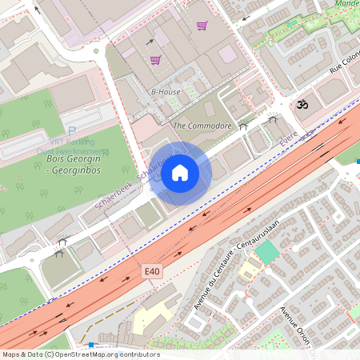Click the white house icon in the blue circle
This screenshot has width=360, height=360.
coord(180,173)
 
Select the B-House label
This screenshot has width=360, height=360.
coord(166,92)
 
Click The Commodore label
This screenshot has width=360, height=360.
coord(202,126)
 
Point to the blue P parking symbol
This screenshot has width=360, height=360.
coord(72,132)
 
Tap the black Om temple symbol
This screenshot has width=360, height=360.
coord(302,104)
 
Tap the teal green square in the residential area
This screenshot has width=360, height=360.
coord(266,251)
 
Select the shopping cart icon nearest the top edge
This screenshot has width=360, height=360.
coord(202,26)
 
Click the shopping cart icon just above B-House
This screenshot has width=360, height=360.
coord(155,60)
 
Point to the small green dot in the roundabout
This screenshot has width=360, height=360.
coord(96,52)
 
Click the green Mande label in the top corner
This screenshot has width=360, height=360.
coord(346,4)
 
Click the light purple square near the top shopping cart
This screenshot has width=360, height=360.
coord(228,54)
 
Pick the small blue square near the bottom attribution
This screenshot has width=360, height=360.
coord(92,344)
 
